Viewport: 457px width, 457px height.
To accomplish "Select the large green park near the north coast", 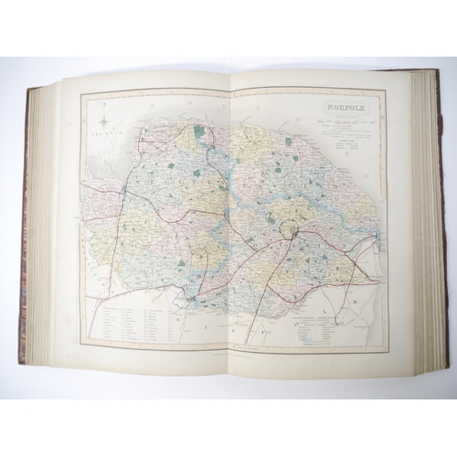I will tap(198, 132).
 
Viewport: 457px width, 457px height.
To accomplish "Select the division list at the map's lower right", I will tap(324, 326).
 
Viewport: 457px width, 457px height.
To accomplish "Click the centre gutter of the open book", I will tap(229, 219).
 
